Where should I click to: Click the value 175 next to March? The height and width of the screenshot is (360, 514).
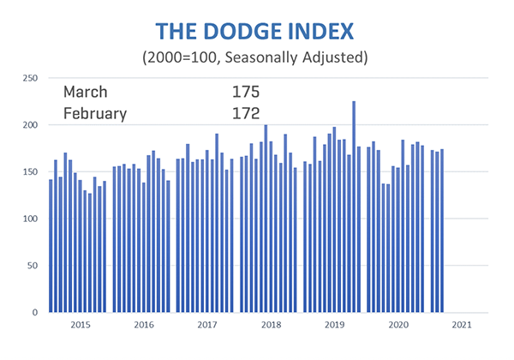[x=245, y=91]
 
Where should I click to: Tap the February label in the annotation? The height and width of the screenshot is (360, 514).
[x=95, y=112]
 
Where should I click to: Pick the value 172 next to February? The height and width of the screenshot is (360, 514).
[x=245, y=112]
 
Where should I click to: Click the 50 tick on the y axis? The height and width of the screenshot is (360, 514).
[x=33, y=266]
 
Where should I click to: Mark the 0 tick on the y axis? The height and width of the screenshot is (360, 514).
[x=35, y=313]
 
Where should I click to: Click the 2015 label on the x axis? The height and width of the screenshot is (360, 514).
[x=80, y=326]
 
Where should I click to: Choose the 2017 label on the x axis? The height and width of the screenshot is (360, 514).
[x=207, y=326]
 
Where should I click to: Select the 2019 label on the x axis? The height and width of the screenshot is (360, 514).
[x=334, y=326]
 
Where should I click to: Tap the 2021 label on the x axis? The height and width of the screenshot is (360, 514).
[x=461, y=326]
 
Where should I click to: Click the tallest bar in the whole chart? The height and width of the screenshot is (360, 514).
[x=354, y=207]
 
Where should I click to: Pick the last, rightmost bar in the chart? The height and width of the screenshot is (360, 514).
[x=442, y=231]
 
